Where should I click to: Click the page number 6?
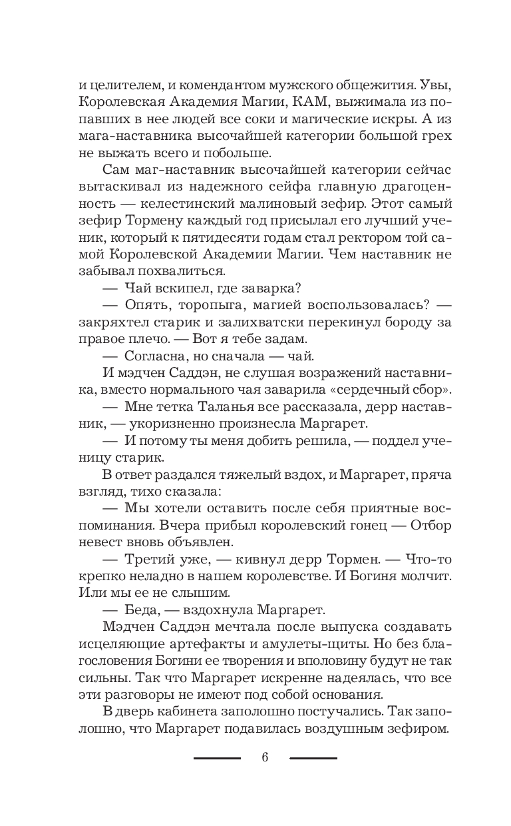(x=265, y=757)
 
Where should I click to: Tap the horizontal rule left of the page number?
(x=217, y=758)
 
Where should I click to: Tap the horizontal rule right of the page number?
(x=313, y=758)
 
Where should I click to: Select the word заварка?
(x=252, y=287)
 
